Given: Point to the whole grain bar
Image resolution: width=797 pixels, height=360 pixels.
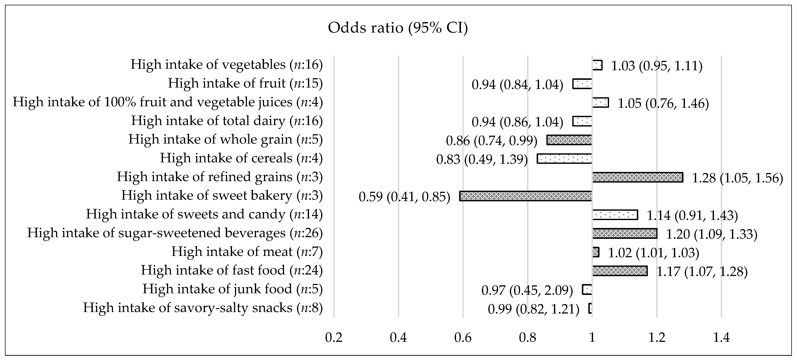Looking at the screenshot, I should click(569, 140).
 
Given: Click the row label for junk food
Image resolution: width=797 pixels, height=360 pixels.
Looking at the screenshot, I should click(232, 289).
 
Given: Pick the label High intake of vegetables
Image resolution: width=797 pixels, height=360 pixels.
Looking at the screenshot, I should click(227, 65).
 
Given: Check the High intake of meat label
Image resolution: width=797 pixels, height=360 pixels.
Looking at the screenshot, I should click(247, 252).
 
